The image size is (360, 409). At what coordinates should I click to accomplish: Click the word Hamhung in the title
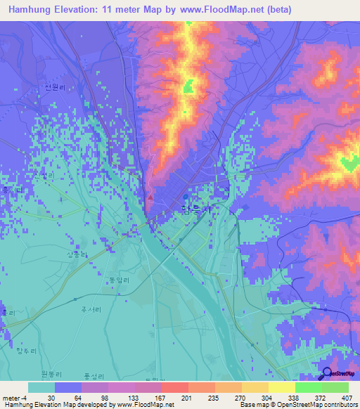tap(29, 9)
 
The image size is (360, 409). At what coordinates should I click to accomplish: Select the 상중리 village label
tap(77, 254)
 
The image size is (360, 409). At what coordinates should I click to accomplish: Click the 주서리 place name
tap(89, 307)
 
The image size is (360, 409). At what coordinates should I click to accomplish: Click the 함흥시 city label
tap(195, 209)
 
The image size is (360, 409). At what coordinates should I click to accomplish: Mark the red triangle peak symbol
tap(150, 197)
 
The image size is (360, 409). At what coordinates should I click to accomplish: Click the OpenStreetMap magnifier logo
tap(328, 373)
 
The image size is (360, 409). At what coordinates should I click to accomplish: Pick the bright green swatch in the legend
tap(308, 387)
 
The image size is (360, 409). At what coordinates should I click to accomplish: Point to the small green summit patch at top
tap(188, 87)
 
